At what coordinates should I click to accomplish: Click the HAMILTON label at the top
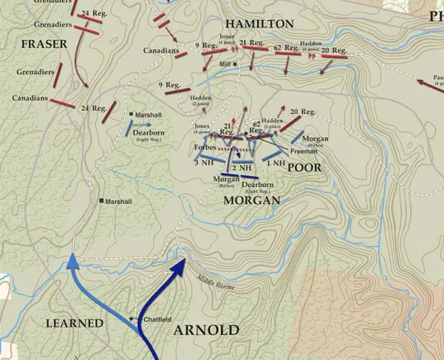pyautogui.click(x=243, y=24)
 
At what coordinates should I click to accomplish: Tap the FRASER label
pyautogui.click(x=44, y=44)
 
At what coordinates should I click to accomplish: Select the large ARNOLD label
pyautogui.click(x=206, y=330)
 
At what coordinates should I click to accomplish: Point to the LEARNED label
pyautogui.click(x=73, y=323)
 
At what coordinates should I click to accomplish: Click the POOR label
pyautogui.click(x=304, y=168)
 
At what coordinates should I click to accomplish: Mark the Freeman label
pyautogui.click(x=304, y=152)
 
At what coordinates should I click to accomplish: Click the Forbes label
pyautogui.click(x=204, y=147)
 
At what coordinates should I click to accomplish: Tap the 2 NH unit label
pyautogui.click(x=243, y=168)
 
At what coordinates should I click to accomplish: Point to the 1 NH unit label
pyautogui.click(x=276, y=163)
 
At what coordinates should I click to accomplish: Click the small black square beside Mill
pyautogui.click(x=235, y=65)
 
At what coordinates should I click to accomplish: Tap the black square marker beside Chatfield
pyautogui.click(x=132, y=319)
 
